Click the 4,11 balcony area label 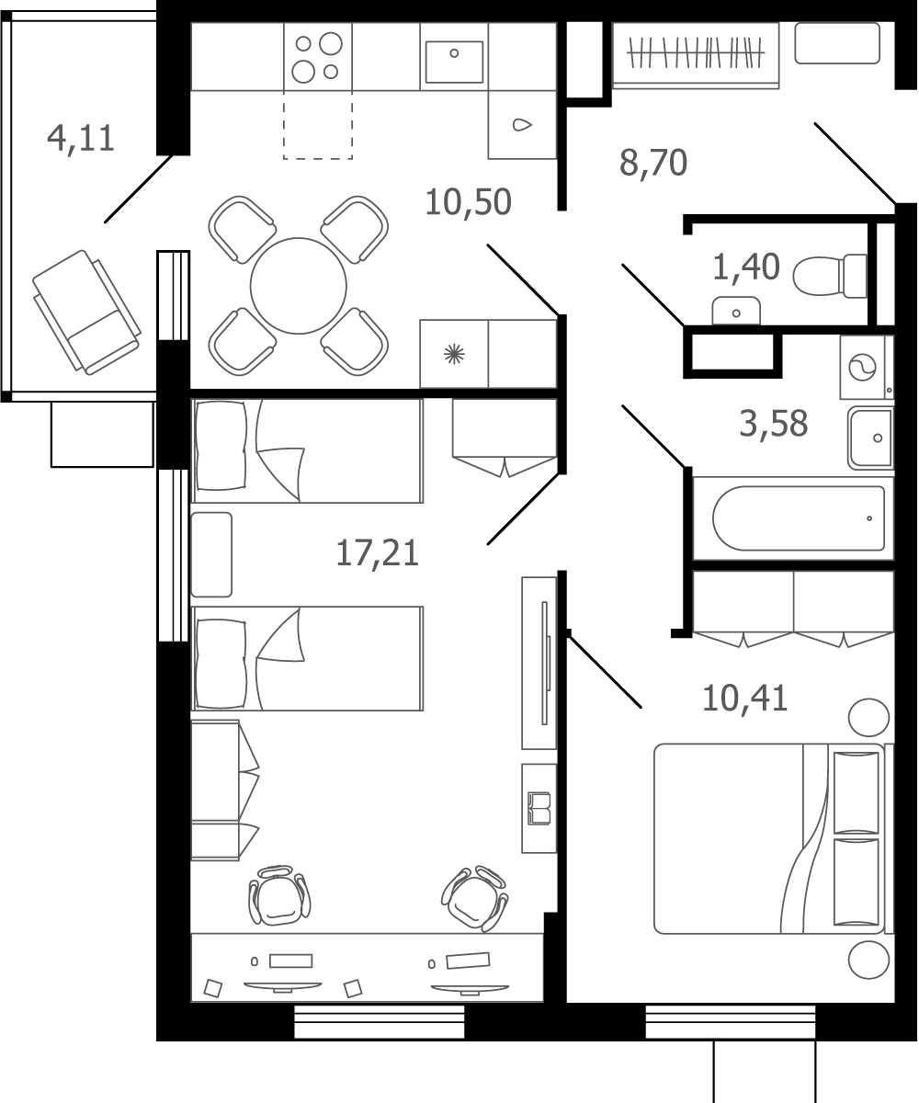[81, 139]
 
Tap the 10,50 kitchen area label [468, 202]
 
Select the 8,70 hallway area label [653, 163]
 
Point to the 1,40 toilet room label [745, 267]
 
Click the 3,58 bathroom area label [774, 424]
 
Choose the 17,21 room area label [377, 553]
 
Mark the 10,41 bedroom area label [744, 698]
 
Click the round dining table [299, 286]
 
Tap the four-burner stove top [318, 56]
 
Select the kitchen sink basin [454, 62]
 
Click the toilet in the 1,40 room [830, 277]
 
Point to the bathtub [798, 518]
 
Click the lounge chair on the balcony [86, 313]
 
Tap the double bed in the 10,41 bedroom [769, 839]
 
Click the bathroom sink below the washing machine [871, 438]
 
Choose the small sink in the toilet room [736, 311]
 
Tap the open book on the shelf [539, 809]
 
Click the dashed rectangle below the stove [318, 125]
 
